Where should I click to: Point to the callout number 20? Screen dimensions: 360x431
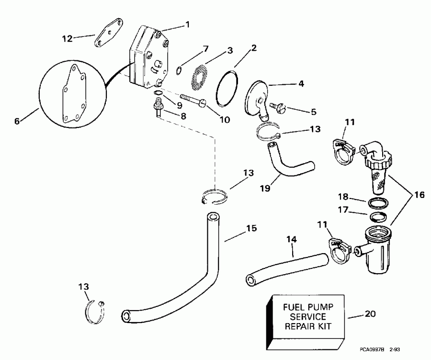(x=370, y=314)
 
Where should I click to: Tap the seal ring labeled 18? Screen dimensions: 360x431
(x=375, y=201)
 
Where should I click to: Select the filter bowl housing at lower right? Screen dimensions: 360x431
(x=378, y=254)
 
